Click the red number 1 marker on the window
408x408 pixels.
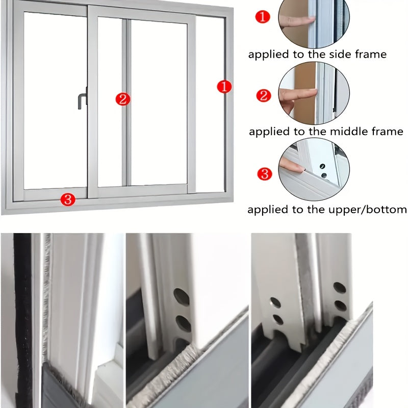click(x=224, y=87)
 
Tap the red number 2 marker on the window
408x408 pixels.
click(x=122, y=99)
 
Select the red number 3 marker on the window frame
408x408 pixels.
click(x=68, y=199)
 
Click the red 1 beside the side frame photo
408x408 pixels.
click(x=262, y=17)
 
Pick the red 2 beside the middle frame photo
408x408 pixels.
click(x=264, y=95)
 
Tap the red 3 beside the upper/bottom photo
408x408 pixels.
click(x=264, y=174)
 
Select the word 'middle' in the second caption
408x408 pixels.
click(x=345, y=132)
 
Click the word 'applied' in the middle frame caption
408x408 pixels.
click(x=269, y=132)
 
